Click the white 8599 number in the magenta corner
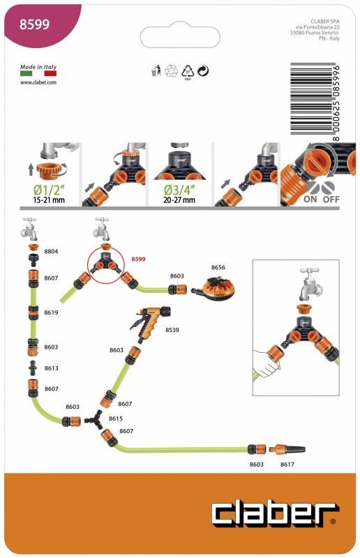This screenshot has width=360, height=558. click(x=34, y=24)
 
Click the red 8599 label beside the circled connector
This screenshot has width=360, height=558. click(x=138, y=259)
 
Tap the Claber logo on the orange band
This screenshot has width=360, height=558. click(x=273, y=514)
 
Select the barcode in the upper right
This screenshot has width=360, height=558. click(x=315, y=102)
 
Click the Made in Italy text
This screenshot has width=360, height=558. click(x=38, y=66)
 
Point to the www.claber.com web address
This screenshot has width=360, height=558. click(x=38, y=82)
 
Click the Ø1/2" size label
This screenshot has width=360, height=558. click(x=49, y=190)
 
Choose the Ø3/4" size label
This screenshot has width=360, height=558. click(x=179, y=190)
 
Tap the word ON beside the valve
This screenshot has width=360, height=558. click(x=310, y=199)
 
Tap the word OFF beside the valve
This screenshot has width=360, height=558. click(x=331, y=199)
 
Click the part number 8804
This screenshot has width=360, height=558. click(x=51, y=251)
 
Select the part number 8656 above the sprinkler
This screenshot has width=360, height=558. click(x=218, y=267)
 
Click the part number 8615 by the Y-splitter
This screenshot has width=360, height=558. click(x=116, y=418)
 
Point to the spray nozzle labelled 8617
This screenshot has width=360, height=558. click(x=287, y=449)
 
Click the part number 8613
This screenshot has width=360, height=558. click(x=51, y=368)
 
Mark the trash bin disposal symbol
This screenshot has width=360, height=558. click(x=156, y=70)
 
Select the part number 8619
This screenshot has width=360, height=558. click(x=51, y=312)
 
